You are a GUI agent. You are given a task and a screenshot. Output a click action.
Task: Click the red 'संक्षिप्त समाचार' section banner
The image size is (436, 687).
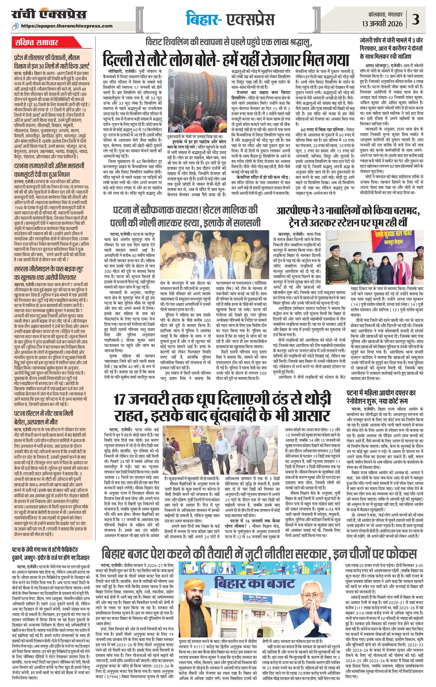pos(36,43)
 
